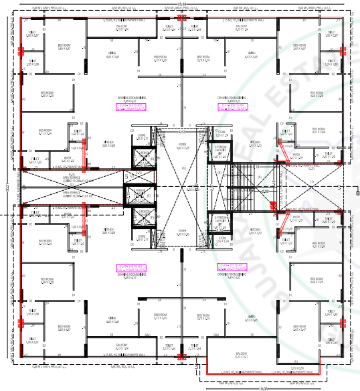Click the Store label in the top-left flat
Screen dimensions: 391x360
point(141,136)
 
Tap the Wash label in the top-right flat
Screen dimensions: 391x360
point(292,159)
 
